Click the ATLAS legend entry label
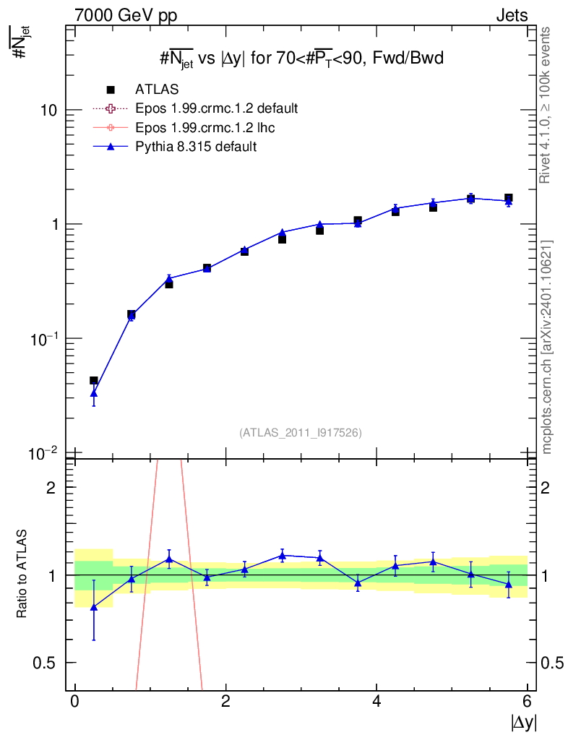(x=157, y=90)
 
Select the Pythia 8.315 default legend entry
(x=196, y=146)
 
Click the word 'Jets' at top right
(x=511, y=15)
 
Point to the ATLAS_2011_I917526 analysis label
(x=301, y=432)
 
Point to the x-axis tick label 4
(x=376, y=702)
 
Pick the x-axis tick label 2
(x=225, y=702)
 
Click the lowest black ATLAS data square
(x=93, y=380)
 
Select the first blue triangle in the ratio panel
(x=93, y=607)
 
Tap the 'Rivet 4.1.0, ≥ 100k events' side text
(x=547, y=105)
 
